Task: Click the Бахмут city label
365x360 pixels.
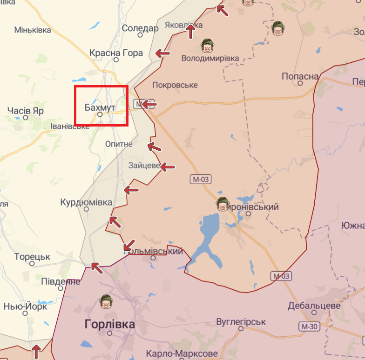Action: click(x=99, y=107)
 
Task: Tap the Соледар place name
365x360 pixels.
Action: click(x=140, y=28)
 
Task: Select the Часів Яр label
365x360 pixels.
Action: click(x=26, y=111)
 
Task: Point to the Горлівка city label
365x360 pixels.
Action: click(x=110, y=324)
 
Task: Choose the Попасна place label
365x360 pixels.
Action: click(x=300, y=76)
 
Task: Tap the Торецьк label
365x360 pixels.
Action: click(x=32, y=256)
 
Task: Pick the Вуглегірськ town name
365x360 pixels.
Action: click(x=241, y=322)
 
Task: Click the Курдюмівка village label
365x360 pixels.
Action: click(x=86, y=202)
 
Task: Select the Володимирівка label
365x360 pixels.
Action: click(x=210, y=58)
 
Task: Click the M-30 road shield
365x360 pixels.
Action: click(x=310, y=327)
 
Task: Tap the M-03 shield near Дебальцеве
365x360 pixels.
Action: click(x=281, y=276)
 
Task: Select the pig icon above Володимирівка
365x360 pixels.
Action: click(x=206, y=46)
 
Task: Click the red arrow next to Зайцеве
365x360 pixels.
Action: click(x=168, y=167)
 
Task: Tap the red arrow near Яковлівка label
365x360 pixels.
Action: click(x=190, y=32)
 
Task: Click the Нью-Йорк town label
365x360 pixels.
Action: click(x=25, y=307)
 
